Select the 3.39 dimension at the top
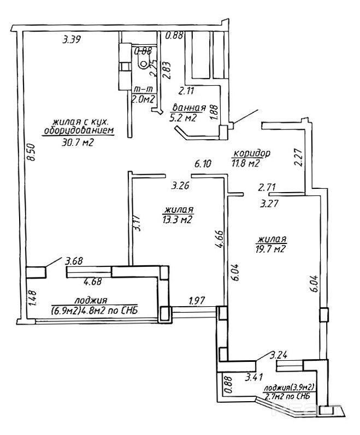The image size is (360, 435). coord(72,39)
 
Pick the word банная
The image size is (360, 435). coord(188,107)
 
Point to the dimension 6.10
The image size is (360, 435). coord(203,163)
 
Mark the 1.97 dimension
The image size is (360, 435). coord(198,301)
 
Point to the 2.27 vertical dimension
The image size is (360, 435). coord(298,157)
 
